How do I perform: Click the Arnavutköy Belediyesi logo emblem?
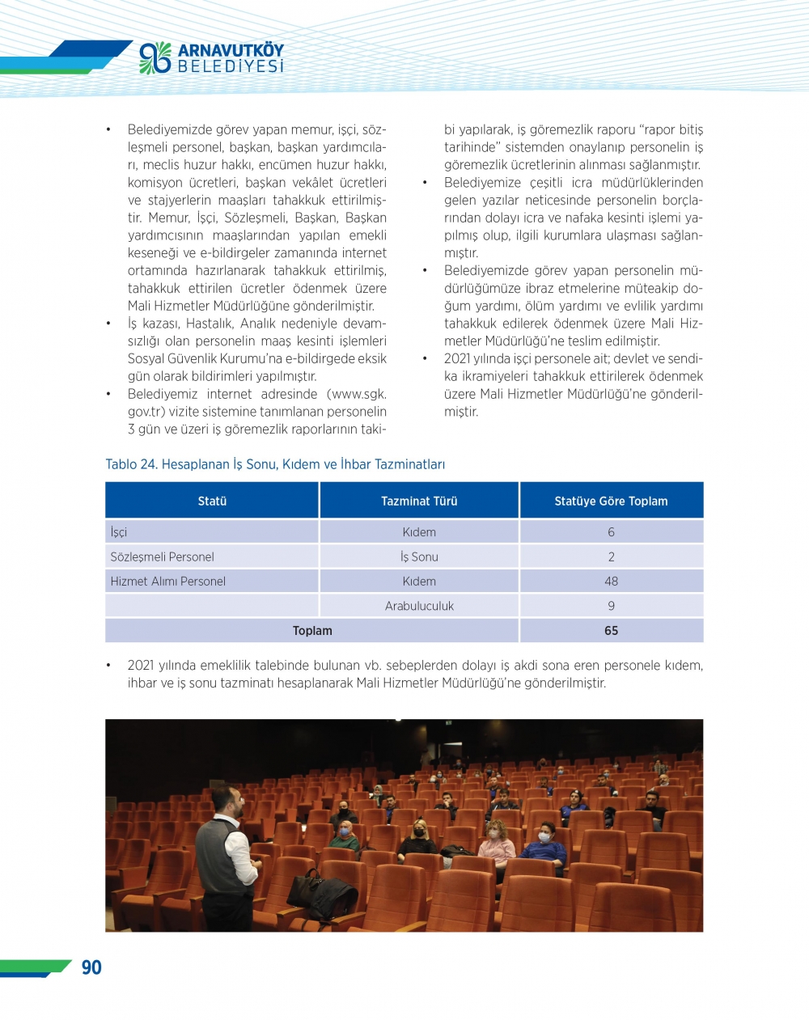[x=155, y=58]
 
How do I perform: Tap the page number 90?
[x=91, y=967]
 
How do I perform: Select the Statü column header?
[x=212, y=501]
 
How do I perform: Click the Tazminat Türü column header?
[x=419, y=501]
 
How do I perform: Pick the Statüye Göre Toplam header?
[x=611, y=501]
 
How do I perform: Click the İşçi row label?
[x=119, y=532]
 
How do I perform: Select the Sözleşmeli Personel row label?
[x=162, y=557]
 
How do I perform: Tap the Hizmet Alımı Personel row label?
[x=167, y=581]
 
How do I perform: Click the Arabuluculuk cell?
[x=419, y=606]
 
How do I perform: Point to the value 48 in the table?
[x=611, y=581]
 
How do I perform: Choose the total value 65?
[x=611, y=631]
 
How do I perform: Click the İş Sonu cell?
[x=419, y=557]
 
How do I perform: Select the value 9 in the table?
[x=611, y=606]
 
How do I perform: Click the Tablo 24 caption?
[x=275, y=464]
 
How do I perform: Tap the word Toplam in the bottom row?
[x=312, y=631]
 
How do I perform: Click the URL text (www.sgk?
[x=357, y=394]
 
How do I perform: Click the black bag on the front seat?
[x=321, y=894]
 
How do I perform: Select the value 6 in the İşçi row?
[x=611, y=532]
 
